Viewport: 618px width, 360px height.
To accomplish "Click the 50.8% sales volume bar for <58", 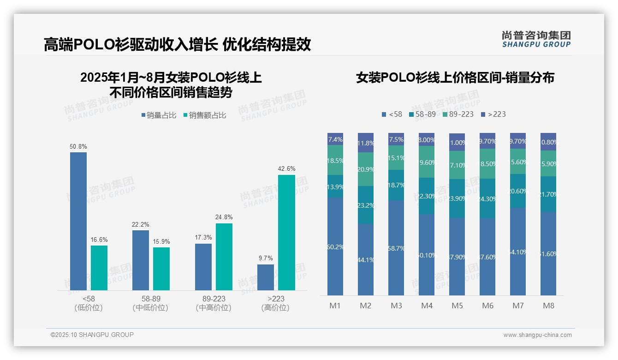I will pyautogui.click(x=78, y=221).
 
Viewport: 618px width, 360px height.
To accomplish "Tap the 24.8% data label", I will pyautogui.click(x=224, y=217).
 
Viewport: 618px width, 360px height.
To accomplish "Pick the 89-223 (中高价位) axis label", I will pyautogui.click(x=214, y=303).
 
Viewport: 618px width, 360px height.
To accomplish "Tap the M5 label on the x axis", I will pyautogui.click(x=457, y=306).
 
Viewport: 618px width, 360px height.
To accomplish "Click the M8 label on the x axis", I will pyautogui.click(x=548, y=306).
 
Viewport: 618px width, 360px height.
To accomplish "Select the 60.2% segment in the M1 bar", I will pyautogui.click(x=335, y=246).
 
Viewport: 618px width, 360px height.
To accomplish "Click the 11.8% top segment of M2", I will pyautogui.click(x=366, y=143).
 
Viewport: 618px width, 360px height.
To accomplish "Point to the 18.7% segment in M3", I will pyautogui.click(x=396, y=185).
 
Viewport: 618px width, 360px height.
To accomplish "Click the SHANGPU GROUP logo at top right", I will pyautogui.click(x=536, y=39).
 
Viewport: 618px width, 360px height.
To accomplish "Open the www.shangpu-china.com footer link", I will pyautogui.click(x=537, y=335).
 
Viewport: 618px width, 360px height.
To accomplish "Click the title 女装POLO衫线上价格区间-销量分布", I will pyautogui.click(x=455, y=78).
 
